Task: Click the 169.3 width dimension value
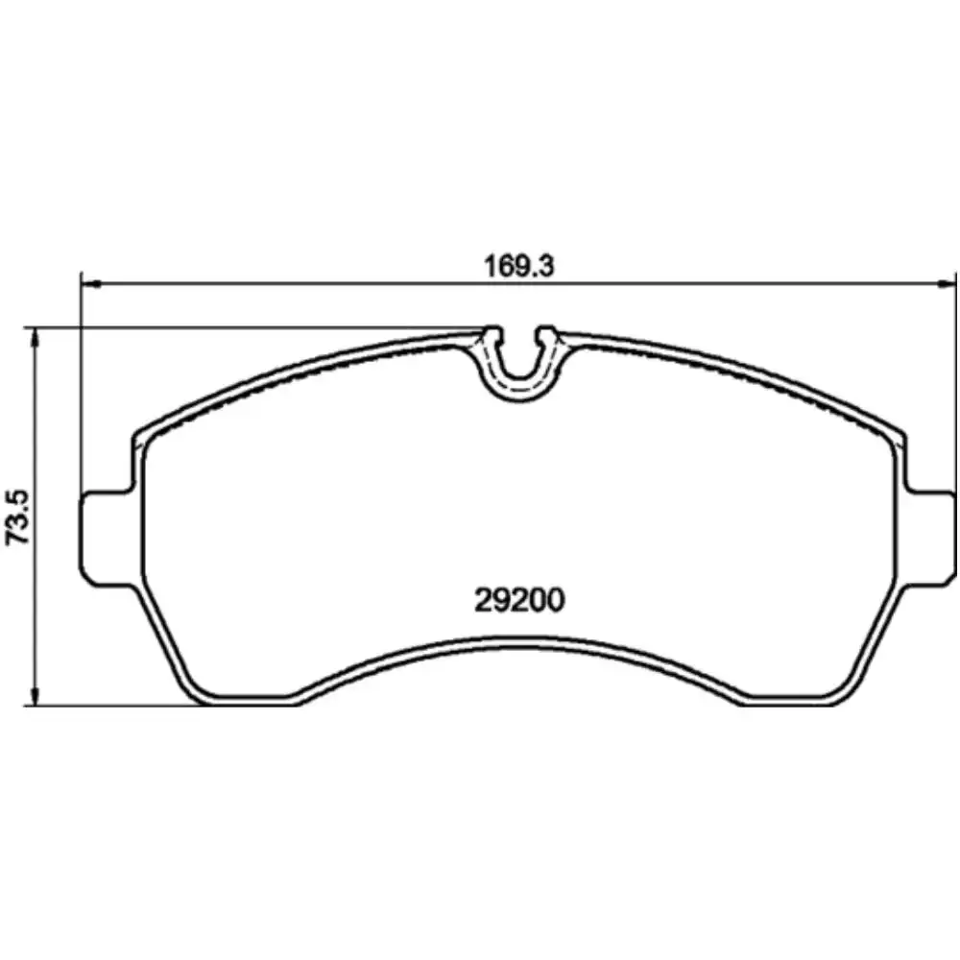(518, 266)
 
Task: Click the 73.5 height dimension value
(17, 517)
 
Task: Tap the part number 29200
(519, 601)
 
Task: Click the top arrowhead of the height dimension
(36, 337)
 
